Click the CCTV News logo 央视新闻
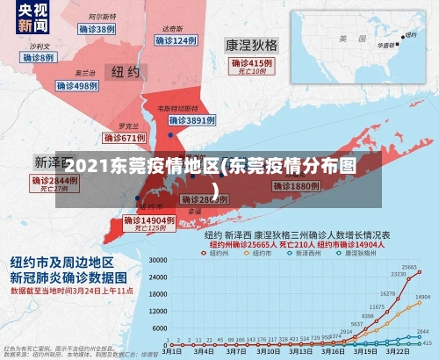pos(24,18)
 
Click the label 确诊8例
pos(39,57)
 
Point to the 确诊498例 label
pos(78,86)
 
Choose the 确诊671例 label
pos(124,138)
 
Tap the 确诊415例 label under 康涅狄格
pos(253,64)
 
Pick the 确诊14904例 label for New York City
pos(146,220)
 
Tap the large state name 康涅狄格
pos(251,44)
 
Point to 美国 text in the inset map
pos(346,39)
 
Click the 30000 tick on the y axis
pos(158,261)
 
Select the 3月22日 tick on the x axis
pos(398,349)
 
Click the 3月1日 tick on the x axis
pos(173,349)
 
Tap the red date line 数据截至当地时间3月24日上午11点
pos(72,290)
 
